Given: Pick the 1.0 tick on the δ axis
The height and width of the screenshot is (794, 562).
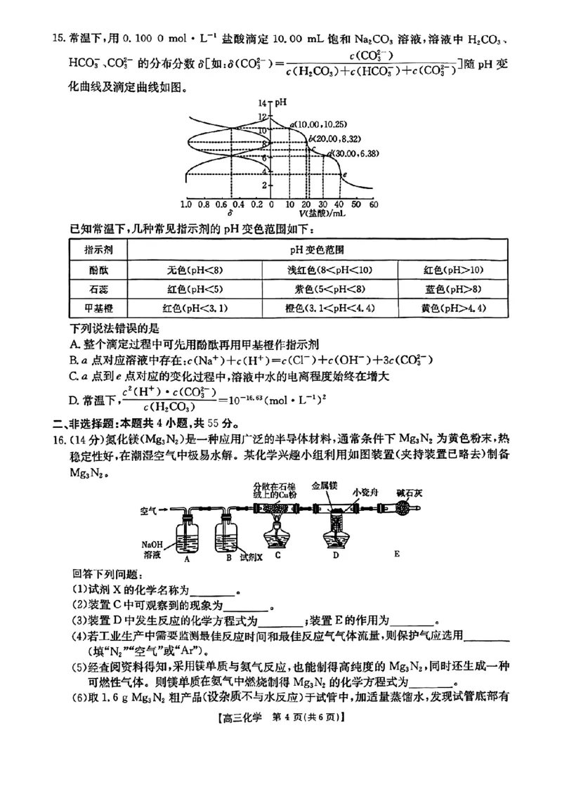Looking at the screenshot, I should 186,204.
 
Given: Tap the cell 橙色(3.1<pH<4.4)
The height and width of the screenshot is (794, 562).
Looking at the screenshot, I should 329,308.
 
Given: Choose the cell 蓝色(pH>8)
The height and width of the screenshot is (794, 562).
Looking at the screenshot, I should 452,289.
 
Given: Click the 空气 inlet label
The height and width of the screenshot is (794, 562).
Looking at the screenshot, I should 150,507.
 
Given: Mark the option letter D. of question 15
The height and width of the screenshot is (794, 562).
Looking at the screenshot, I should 75,400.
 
